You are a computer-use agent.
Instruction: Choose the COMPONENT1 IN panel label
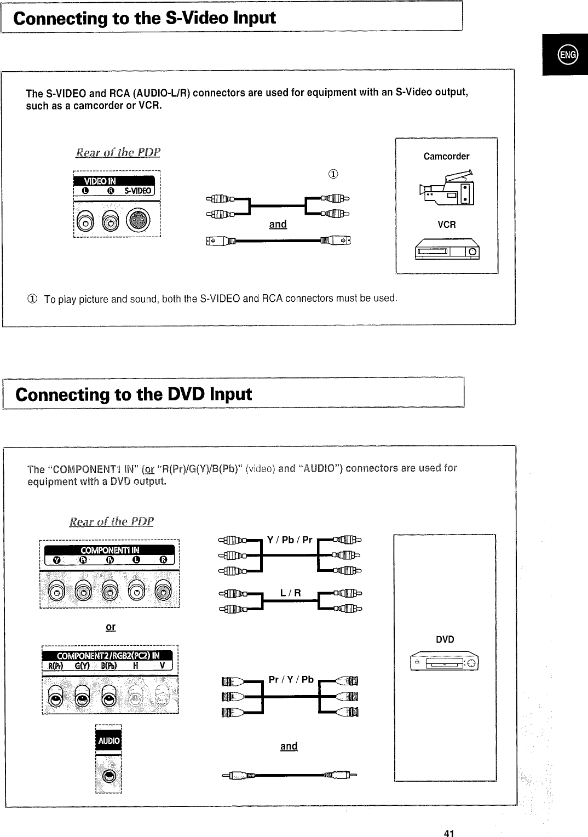[x=109, y=550]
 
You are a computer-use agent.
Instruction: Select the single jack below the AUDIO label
[x=108, y=776]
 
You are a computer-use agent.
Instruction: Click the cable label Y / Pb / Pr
[x=290, y=540]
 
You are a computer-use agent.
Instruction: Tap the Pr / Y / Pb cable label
[x=291, y=680]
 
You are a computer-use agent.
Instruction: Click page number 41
[x=449, y=819]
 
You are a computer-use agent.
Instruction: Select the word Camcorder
[x=446, y=157]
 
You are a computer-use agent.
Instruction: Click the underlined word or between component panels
[x=110, y=627]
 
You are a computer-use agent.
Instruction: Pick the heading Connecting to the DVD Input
[x=134, y=394]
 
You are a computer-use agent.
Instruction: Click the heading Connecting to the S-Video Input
[x=145, y=18]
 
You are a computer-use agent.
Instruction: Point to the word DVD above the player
[x=445, y=640]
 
